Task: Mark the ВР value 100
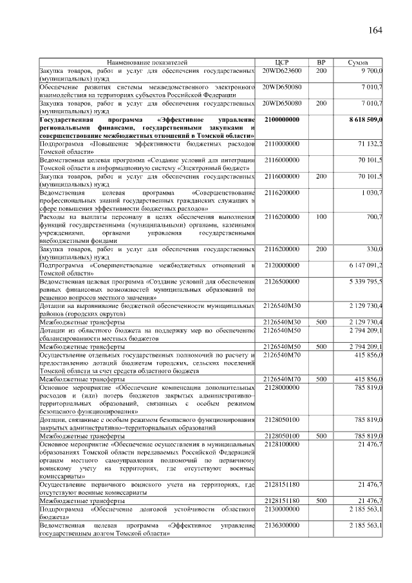321,217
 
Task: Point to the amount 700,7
374,217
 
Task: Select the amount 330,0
374,249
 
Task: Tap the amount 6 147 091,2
366,265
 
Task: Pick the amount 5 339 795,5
366,282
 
